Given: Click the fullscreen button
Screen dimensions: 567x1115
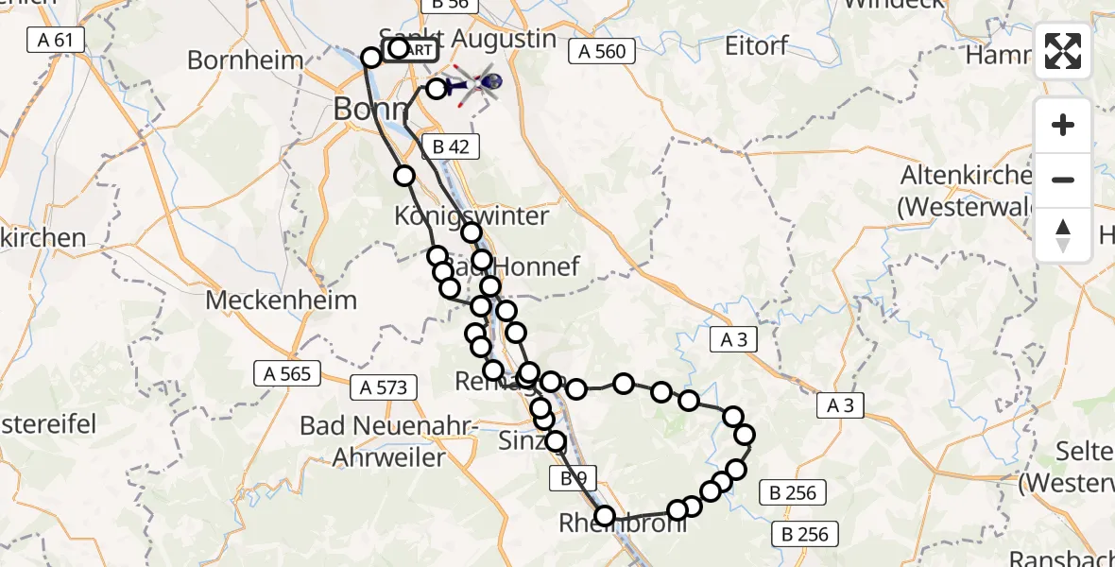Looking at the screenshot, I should pos(1063,51).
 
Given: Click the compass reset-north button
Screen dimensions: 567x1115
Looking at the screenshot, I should pos(1063,235).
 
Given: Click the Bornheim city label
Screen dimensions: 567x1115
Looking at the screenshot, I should pos(246,60).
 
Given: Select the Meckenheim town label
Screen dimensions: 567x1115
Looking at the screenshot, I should pos(282,301).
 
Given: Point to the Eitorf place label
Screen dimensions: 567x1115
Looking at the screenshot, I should pos(756,45).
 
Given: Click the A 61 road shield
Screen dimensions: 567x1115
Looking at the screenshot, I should pos(56,40).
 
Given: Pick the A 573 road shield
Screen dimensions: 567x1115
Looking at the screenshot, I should pos(384,387).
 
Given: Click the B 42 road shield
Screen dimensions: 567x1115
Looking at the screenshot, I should pos(451,146).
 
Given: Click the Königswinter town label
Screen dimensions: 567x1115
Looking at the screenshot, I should pos(472,215).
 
